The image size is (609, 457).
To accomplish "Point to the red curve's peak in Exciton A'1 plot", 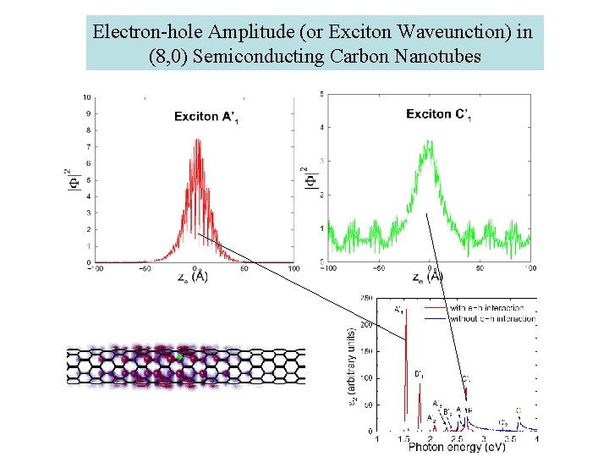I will (x=197, y=140).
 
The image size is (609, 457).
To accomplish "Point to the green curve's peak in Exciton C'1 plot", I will (x=429, y=144).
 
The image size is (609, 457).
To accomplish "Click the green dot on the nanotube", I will (x=179, y=358).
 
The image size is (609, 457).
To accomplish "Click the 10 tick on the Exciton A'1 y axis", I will (x=87, y=98).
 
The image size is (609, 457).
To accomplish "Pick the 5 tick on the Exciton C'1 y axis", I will (x=319, y=93).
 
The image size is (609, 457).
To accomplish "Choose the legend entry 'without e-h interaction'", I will (x=491, y=319).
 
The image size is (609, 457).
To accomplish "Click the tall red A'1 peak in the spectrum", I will (x=407, y=339).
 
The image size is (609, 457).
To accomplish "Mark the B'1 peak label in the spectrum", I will (x=419, y=373).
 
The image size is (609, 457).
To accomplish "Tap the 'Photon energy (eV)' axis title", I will (x=457, y=447).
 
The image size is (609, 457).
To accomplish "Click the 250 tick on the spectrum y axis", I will (x=367, y=299).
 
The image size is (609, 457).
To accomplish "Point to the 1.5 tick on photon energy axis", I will (x=404, y=438).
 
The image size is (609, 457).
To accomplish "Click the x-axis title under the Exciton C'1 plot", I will (x=426, y=277).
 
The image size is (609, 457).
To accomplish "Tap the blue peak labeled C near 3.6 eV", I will (x=518, y=419).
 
